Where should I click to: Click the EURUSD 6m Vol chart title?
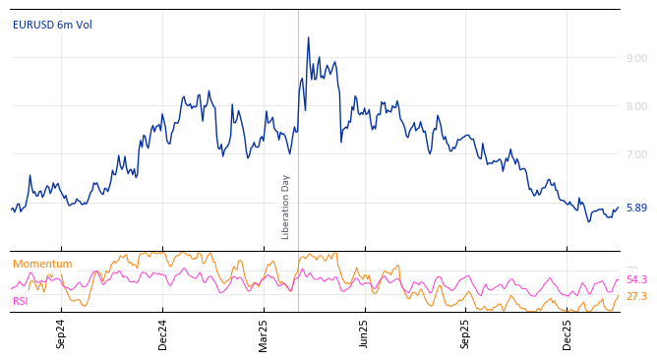(x=51, y=25)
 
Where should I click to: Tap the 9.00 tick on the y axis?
(x=636, y=58)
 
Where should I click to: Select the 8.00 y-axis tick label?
(x=636, y=106)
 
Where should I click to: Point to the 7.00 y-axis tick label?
(x=636, y=154)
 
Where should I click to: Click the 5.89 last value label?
(x=636, y=208)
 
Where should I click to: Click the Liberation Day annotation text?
(x=286, y=207)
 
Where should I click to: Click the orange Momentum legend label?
(x=42, y=264)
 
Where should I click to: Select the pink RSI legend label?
(x=21, y=301)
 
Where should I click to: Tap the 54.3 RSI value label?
(x=636, y=280)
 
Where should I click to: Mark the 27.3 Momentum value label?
(x=636, y=296)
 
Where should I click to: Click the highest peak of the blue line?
(x=308, y=38)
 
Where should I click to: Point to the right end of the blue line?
(x=618, y=208)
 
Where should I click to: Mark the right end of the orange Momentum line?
(x=618, y=295)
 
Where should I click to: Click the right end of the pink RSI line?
(x=618, y=280)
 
